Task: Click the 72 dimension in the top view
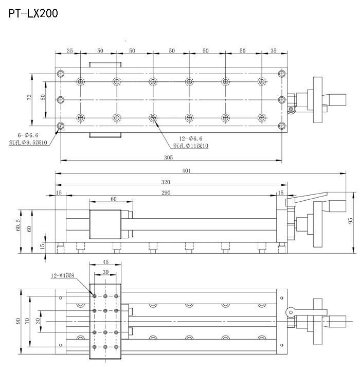(30, 97)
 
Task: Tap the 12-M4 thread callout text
(63, 275)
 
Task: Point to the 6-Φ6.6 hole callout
(24, 135)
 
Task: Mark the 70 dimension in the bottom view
(28, 321)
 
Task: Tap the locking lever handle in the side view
(309, 197)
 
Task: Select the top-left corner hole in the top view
(61, 73)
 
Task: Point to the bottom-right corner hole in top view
(281, 126)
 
